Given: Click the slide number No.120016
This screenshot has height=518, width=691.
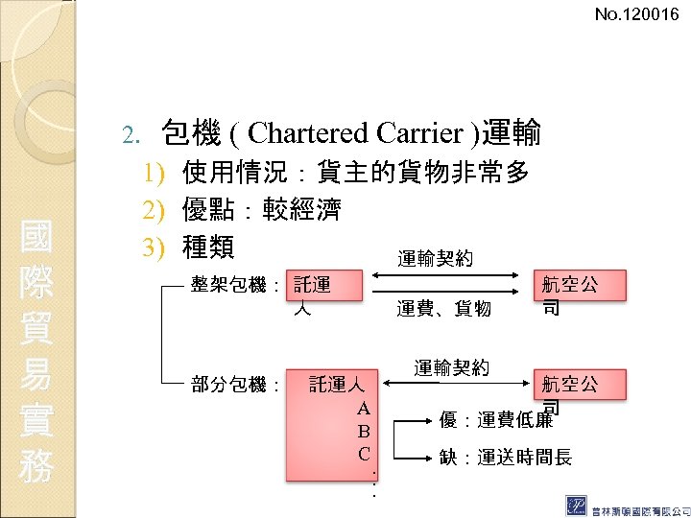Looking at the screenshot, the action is (x=635, y=14).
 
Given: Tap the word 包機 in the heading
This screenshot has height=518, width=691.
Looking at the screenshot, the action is (x=188, y=132).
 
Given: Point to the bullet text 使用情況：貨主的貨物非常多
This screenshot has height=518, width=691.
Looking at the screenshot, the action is (x=355, y=174).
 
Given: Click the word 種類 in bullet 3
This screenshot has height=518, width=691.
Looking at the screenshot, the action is (x=208, y=247).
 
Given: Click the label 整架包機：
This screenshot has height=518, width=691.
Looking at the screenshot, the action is (x=235, y=285).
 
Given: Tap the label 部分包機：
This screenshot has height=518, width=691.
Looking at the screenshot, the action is (x=235, y=386).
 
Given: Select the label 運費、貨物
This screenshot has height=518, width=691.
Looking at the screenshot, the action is (x=443, y=309).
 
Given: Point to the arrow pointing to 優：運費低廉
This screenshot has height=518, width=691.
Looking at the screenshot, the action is (x=414, y=420).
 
